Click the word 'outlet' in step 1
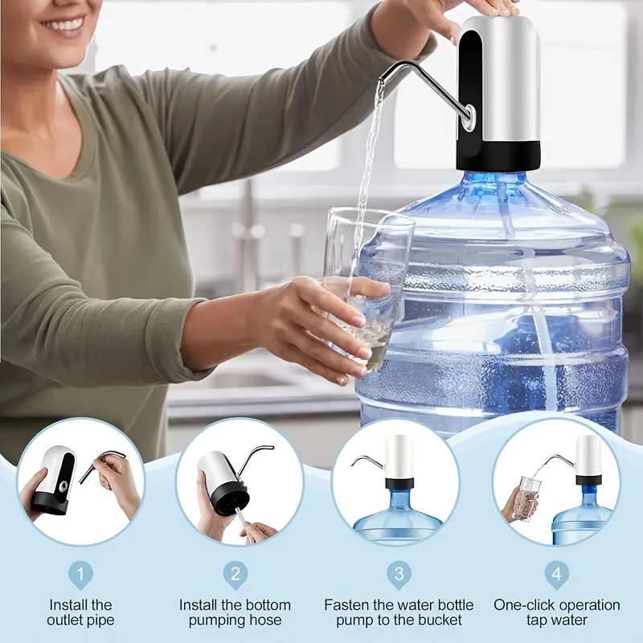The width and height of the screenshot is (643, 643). click(66, 620)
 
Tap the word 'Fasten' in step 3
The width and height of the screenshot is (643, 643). click(344, 605)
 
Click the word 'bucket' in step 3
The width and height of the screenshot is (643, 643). click(441, 620)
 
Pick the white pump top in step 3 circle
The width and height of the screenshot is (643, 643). click(399, 457)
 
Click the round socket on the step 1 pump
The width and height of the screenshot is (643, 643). click(63, 487)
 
